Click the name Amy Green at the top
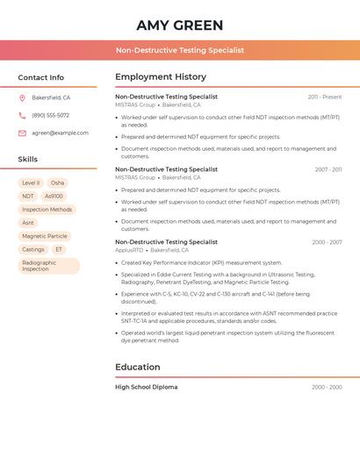(x=180, y=25)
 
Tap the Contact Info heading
(x=41, y=77)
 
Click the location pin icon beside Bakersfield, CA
(x=22, y=98)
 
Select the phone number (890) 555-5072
(x=50, y=115)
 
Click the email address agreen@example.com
(x=60, y=132)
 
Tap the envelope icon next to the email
(x=22, y=133)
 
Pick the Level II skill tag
(x=31, y=183)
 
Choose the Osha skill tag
(x=57, y=183)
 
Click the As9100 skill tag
(x=54, y=197)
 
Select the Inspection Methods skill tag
(x=47, y=210)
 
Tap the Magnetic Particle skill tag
(x=45, y=236)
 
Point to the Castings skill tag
(x=33, y=249)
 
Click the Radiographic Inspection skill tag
(x=48, y=266)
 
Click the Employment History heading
(x=161, y=77)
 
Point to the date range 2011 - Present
(x=325, y=97)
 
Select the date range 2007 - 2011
(x=328, y=169)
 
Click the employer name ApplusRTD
(x=129, y=250)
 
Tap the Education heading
(x=138, y=367)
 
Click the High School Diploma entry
(x=146, y=387)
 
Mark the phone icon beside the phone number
(x=22, y=116)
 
